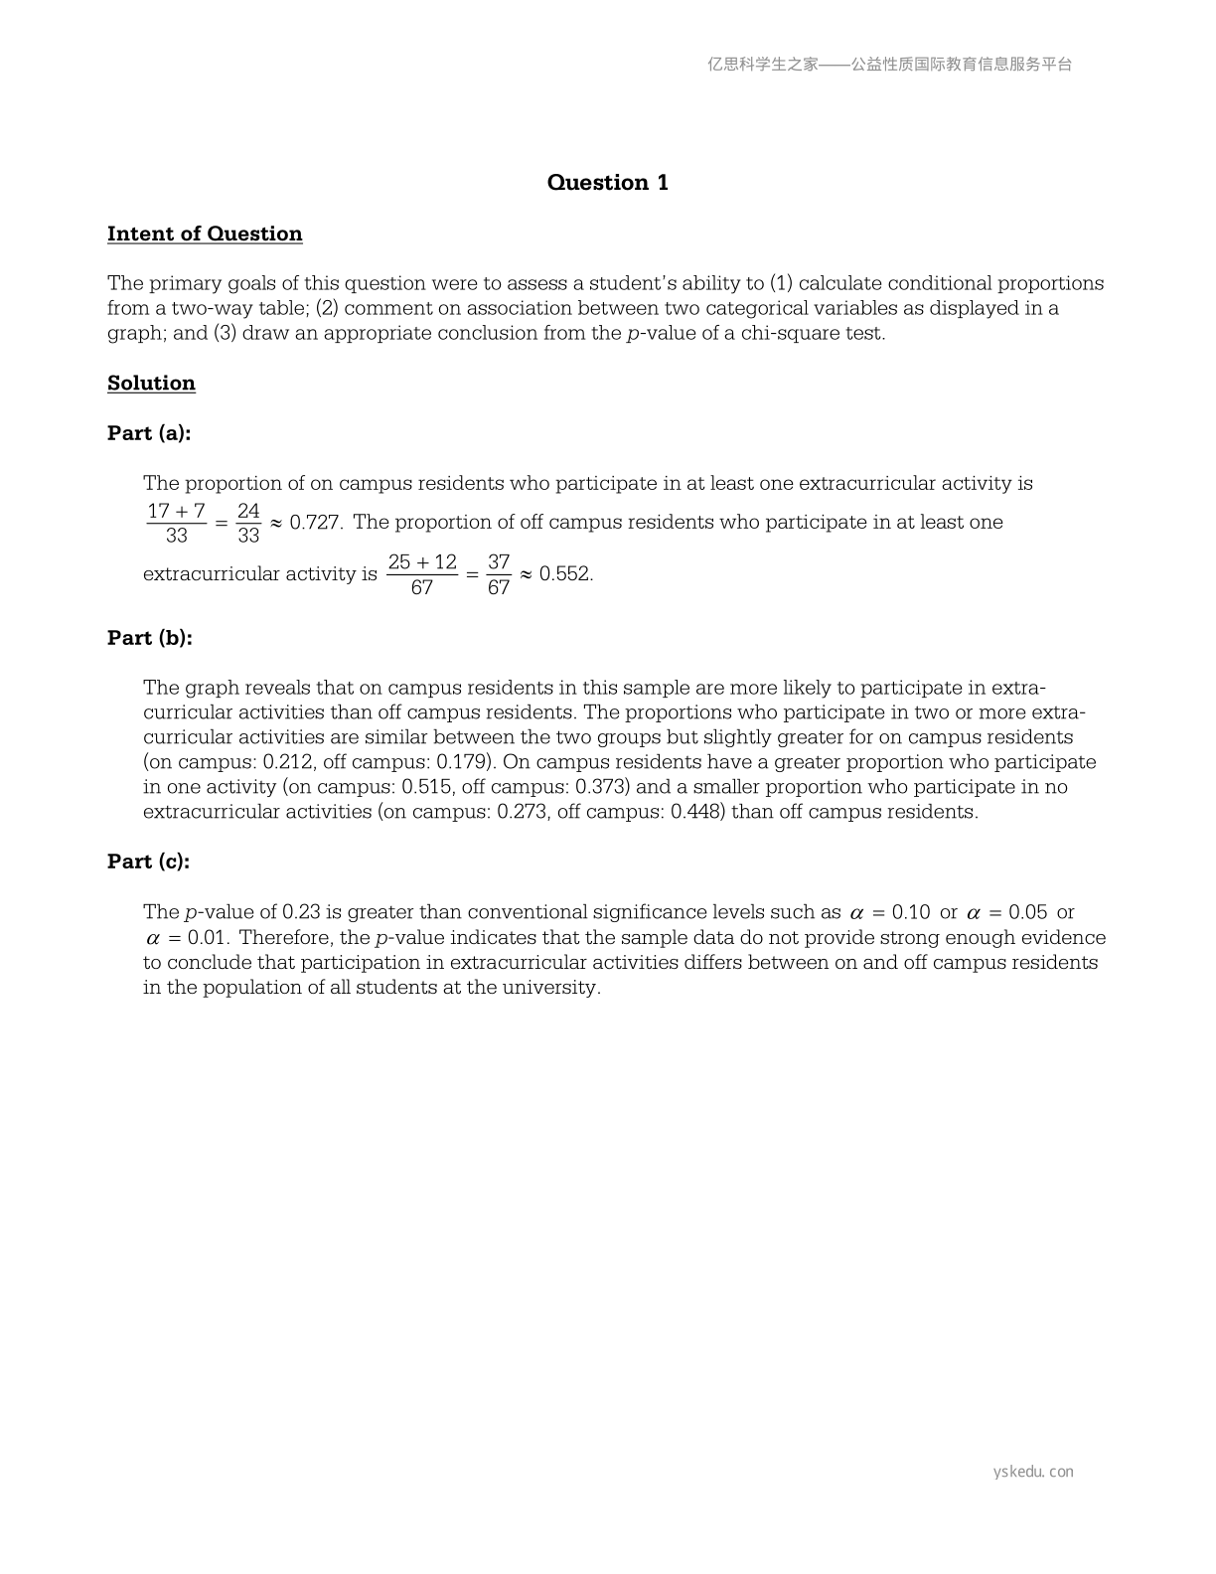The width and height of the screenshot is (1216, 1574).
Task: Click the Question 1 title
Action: tap(607, 182)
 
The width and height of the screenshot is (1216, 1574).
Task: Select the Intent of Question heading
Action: tap(205, 234)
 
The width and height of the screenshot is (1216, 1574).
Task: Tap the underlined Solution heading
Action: tap(151, 383)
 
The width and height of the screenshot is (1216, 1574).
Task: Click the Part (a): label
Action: tap(149, 433)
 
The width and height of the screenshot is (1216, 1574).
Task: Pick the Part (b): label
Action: tap(150, 638)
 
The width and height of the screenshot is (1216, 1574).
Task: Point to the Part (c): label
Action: tap(149, 862)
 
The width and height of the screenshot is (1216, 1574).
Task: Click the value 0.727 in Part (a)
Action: tap(315, 523)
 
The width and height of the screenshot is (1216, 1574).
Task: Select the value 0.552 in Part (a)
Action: tap(565, 574)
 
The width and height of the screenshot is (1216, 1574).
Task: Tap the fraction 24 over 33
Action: tap(248, 524)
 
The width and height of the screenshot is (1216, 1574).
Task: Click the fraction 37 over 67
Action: tap(499, 575)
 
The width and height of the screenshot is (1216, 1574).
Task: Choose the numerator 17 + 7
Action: tap(176, 511)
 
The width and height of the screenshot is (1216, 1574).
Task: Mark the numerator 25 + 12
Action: tap(422, 562)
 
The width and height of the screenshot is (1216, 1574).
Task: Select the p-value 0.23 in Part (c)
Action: tap(301, 912)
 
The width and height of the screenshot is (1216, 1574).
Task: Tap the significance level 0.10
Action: tap(911, 912)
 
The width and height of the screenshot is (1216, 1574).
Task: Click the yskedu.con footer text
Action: tap(1033, 1472)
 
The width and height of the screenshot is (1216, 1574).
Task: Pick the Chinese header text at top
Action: tap(890, 65)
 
